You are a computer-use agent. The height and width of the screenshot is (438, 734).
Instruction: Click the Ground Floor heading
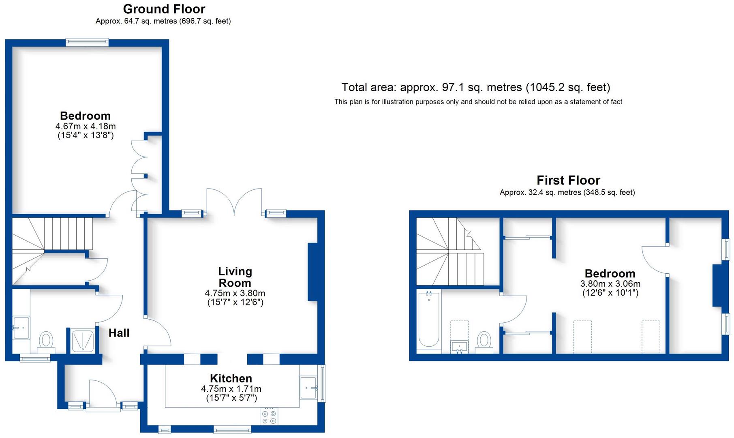click(x=164, y=9)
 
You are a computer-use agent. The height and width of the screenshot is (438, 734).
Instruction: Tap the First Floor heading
click(x=568, y=180)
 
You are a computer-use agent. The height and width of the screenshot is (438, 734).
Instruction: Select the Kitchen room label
click(x=231, y=378)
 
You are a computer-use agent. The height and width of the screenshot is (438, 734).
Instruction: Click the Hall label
click(x=119, y=333)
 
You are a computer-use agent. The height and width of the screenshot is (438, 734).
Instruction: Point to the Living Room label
click(x=235, y=277)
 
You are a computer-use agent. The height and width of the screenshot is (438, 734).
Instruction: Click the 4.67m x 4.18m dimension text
click(x=86, y=126)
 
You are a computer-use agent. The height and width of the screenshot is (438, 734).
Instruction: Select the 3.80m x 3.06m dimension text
click(x=610, y=284)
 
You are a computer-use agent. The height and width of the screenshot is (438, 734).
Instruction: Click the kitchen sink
click(x=309, y=388)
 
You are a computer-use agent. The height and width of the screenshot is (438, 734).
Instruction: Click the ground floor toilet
click(x=46, y=341)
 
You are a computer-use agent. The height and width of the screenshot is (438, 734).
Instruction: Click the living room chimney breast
click(x=312, y=272)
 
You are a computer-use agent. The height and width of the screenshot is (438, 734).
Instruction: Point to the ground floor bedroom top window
click(x=88, y=42)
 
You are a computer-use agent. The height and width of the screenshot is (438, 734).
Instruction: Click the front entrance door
click(x=103, y=395)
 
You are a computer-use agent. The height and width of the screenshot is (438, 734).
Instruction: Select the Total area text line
click(x=475, y=87)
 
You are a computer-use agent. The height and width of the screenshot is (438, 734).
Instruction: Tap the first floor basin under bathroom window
click(x=460, y=347)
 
